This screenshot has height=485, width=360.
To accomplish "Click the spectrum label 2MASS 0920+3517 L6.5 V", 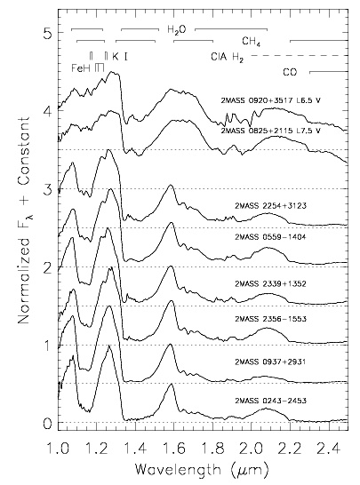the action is click(270, 100).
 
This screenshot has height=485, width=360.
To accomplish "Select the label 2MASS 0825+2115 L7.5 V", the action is click(270, 131).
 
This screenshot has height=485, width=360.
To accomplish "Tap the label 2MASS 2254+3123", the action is click(270, 206).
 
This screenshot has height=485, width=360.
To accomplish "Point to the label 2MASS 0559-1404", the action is click(270, 237).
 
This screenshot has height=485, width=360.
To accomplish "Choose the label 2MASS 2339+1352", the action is click(270, 283).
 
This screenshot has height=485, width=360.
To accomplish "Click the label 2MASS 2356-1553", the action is click(270, 319).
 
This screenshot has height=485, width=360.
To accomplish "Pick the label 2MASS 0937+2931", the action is click(270, 362).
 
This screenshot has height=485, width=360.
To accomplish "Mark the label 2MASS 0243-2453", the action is click(270, 401).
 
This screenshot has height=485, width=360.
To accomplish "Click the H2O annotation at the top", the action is click(177, 29).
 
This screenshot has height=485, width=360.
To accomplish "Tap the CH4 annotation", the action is click(251, 42).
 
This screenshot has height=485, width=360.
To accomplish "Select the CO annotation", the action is click(290, 72).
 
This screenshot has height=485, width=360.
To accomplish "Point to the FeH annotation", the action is click(81, 68).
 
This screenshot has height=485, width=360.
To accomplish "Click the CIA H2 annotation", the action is click(228, 57).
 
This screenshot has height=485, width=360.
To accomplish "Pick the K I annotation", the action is click(120, 56).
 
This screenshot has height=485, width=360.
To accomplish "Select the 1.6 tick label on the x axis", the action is click(174, 449).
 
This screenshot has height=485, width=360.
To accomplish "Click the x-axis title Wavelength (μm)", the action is click(201, 470).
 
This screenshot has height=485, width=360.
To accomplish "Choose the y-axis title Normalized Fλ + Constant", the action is click(25, 220).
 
